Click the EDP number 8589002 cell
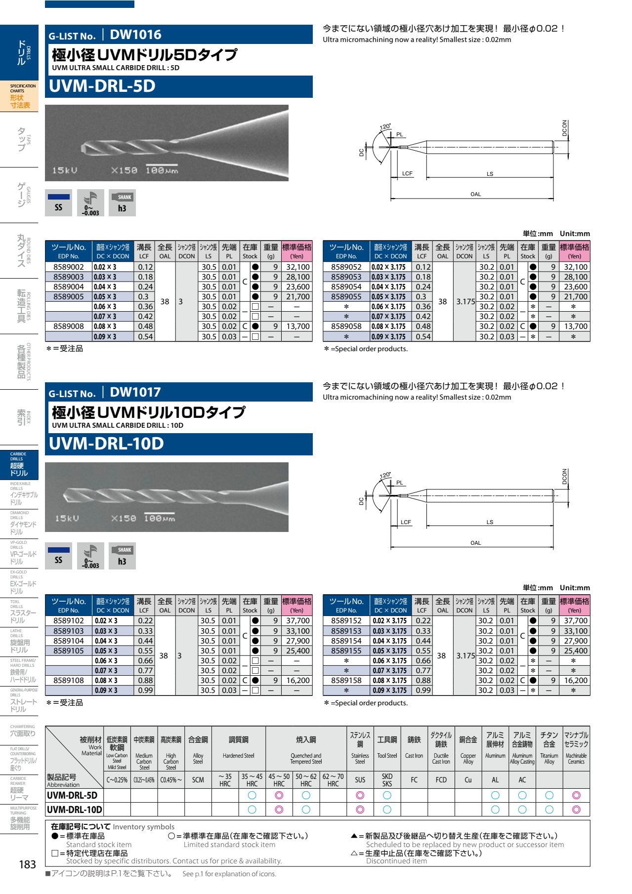pyautogui.click(x=69, y=267)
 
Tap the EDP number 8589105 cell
pyautogui.click(x=69, y=651)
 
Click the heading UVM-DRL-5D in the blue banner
pyautogui.click(x=102, y=86)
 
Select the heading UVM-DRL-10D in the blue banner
pyautogui.click(x=106, y=444)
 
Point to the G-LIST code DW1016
pyautogui.click(x=135, y=35)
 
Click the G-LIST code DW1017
pyautogui.click(x=135, y=392)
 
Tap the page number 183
pyautogui.click(x=28, y=864)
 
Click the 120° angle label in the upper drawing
pyautogui.click(x=385, y=127)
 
